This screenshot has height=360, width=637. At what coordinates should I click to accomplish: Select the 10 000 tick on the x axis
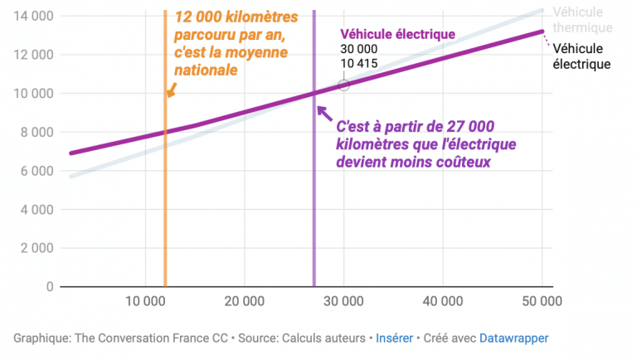coord(146,301)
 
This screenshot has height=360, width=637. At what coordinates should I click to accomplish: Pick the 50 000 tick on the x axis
coord(541,301)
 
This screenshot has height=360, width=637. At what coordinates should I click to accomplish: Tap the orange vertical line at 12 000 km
coord(166,207)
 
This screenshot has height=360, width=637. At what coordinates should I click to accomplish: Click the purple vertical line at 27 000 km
coord(314,207)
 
